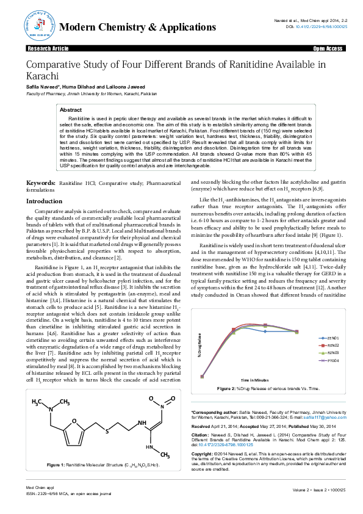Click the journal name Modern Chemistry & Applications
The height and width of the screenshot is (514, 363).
[137, 27]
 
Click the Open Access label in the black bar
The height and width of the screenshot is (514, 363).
[328, 48]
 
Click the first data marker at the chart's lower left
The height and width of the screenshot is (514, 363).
[203, 377]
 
